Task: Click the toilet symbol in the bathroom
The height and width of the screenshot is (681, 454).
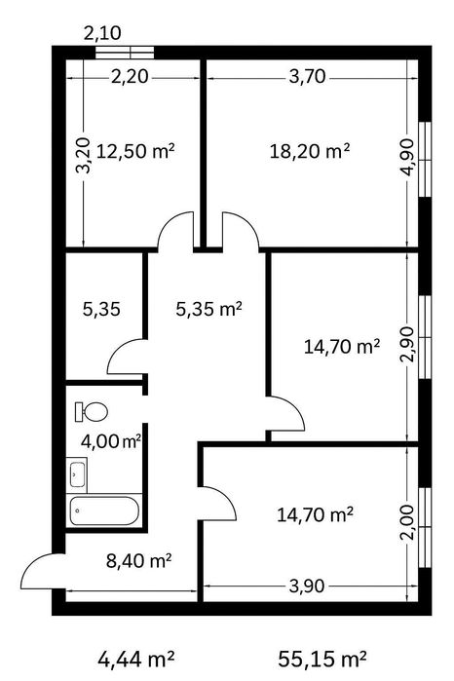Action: pos(92,411)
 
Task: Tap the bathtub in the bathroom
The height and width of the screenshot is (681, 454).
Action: pos(104,511)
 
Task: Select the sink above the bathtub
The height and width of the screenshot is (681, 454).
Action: pos(77,474)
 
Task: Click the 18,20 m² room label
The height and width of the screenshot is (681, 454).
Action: pos(310,152)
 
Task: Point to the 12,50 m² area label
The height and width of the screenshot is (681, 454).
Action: pos(135,152)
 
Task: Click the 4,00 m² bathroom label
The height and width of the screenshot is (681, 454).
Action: pos(111,441)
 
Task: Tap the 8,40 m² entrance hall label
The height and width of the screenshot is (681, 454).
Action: pos(138,561)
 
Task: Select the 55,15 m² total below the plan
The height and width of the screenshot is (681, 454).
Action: pos(322,659)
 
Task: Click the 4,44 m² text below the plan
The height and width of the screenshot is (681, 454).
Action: pos(136,659)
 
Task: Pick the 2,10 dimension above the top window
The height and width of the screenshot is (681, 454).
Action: pos(102,33)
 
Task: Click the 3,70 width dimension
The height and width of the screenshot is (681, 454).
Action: pos(307,77)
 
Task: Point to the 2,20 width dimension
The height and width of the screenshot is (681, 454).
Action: pos(130,77)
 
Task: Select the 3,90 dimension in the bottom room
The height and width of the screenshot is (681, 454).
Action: pos(307,586)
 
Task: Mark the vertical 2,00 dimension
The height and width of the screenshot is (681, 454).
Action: pos(407,522)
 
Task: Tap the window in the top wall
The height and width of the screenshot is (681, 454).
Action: pos(125,52)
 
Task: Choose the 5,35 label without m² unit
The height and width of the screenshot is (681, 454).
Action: pos(101,310)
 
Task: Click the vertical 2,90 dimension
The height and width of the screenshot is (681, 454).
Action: pos(407,345)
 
